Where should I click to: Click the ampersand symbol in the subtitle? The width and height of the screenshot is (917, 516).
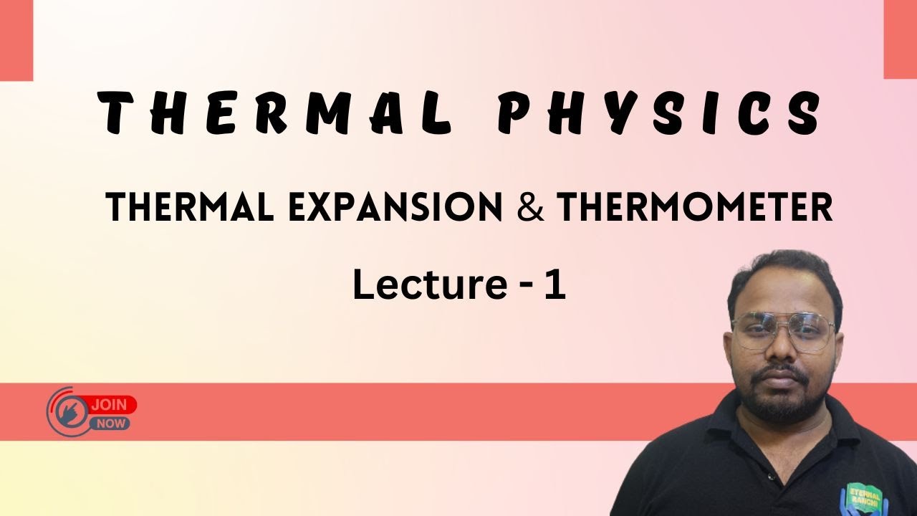[530, 208]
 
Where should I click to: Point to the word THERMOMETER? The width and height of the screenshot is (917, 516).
[694, 208]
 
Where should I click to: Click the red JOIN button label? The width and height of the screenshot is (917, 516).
[110, 405]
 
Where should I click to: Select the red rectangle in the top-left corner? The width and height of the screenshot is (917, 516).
[16, 39]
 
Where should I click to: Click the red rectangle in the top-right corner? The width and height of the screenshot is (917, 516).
[900, 39]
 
